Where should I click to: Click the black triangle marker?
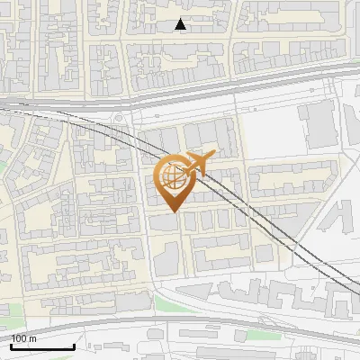tap(182, 25)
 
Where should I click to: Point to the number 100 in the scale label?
tap(19, 338)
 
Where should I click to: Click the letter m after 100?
tap(32, 338)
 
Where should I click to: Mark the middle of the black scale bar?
tap(42, 346)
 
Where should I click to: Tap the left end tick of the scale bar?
tap(11, 346)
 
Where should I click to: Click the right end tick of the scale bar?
tap(74, 346)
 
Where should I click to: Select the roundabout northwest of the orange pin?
tap(118, 118)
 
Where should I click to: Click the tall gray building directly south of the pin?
tap(166, 257)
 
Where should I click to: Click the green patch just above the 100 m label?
tap(9, 321)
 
